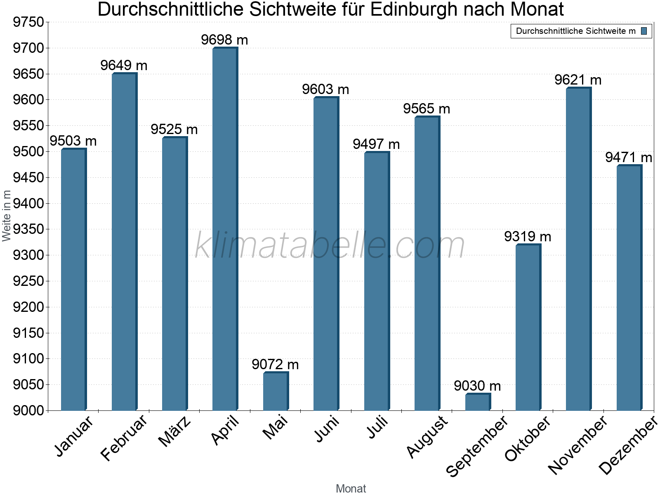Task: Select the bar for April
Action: coord(225,229)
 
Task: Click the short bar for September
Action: coord(478,402)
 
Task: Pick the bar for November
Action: coord(578,249)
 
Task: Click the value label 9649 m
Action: coord(124,65)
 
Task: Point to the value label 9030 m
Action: coord(477,386)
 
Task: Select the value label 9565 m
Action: coord(427,109)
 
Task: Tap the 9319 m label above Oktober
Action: coord(528,237)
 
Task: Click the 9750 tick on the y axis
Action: coord(28,22)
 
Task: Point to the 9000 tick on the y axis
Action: coord(28,410)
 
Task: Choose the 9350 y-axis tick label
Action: coord(28,229)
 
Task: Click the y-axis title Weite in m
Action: coord(6,216)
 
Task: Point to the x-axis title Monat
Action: coord(351,488)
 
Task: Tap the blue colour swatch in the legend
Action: coord(644,31)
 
